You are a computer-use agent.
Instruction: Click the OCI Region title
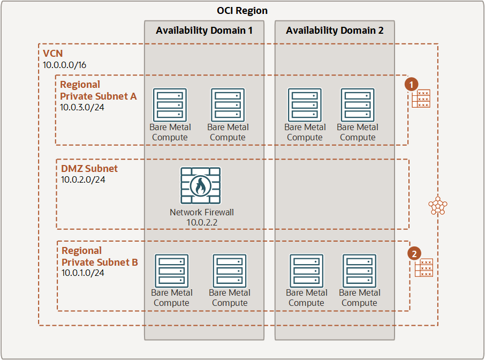tap(242, 11)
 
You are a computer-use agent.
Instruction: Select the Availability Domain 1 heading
tap(204, 31)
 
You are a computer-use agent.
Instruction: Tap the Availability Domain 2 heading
tap(335, 31)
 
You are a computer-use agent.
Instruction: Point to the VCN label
tap(53, 54)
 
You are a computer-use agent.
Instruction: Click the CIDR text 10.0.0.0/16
tap(65, 64)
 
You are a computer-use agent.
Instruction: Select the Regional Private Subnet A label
tap(98, 90)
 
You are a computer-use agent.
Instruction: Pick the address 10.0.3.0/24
tap(81, 107)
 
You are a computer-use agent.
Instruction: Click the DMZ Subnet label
tap(89, 168)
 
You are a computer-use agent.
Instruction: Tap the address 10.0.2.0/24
tap(83, 179)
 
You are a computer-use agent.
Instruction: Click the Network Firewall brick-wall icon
tap(201, 186)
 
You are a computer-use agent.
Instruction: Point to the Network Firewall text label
tap(202, 212)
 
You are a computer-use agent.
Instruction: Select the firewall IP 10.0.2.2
tap(202, 222)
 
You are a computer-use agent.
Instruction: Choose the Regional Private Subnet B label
tap(100, 256)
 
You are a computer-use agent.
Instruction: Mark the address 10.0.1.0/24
tap(83, 273)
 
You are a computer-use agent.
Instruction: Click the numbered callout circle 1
tap(411, 84)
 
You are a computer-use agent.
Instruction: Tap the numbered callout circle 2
tap(414, 253)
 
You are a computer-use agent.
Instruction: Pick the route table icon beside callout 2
tap(424, 267)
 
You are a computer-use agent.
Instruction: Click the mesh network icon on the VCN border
tap(438, 205)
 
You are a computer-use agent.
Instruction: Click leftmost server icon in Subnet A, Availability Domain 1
tap(170, 105)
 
